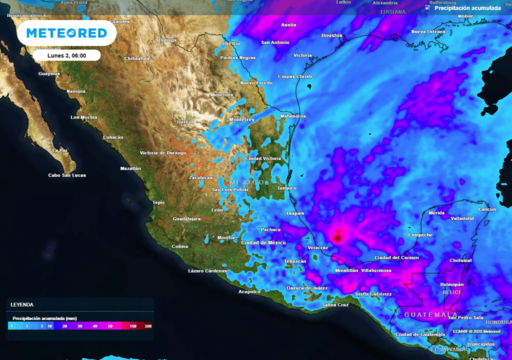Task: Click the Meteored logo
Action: tap(66, 33)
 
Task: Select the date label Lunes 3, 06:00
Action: tap(66, 55)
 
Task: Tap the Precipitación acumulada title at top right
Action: tap(467, 8)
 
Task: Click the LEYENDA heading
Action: tap(22, 304)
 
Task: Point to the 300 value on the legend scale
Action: tap(148, 326)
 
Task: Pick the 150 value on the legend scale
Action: tap(133, 326)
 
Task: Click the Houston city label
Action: tap(331, 35)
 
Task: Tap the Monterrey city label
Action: tap(241, 119)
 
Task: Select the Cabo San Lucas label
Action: tap(67, 175)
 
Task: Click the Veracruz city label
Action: tap(317, 248)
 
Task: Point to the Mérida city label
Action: tap(436, 213)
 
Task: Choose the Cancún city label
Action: tap(487, 209)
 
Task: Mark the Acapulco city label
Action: tap(249, 291)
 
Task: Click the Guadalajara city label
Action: tap(186, 219)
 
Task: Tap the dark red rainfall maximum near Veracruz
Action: tap(337, 237)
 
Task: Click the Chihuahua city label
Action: tap(136, 58)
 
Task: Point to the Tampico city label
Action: tap(287, 188)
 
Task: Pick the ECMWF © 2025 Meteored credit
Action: tap(476, 331)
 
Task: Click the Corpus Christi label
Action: tap(295, 76)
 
